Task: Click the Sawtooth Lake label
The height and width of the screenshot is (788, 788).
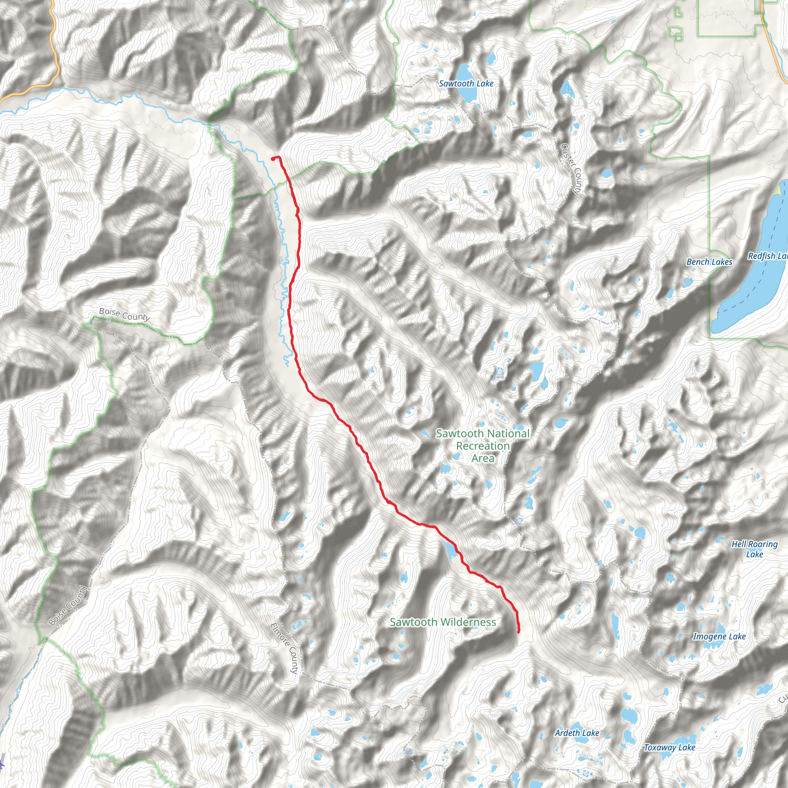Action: pyautogui.click(x=466, y=83)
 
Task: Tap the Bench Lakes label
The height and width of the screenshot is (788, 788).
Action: pyautogui.click(x=709, y=262)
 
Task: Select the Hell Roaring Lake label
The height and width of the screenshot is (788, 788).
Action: pyautogui.click(x=754, y=549)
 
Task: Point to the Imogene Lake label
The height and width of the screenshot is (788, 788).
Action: pyautogui.click(x=719, y=636)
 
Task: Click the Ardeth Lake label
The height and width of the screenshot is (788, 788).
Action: pyautogui.click(x=577, y=733)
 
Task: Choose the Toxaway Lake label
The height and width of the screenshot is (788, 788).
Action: pyautogui.click(x=669, y=747)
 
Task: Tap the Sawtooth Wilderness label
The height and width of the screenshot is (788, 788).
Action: pyautogui.click(x=442, y=622)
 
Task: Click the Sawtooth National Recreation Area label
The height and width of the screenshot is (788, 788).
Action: pyautogui.click(x=482, y=446)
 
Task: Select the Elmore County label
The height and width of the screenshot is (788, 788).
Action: pyautogui.click(x=284, y=648)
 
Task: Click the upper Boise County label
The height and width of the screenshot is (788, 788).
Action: pyautogui.click(x=124, y=314)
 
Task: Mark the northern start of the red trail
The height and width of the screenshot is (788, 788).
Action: pyautogui.click(x=272, y=159)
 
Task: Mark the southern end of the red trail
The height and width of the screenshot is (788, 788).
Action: pyautogui.click(x=518, y=632)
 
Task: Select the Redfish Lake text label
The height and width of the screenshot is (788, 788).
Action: pyautogui.click(x=767, y=256)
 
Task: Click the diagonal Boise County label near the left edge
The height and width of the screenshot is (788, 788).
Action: pyautogui.click(x=68, y=606)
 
